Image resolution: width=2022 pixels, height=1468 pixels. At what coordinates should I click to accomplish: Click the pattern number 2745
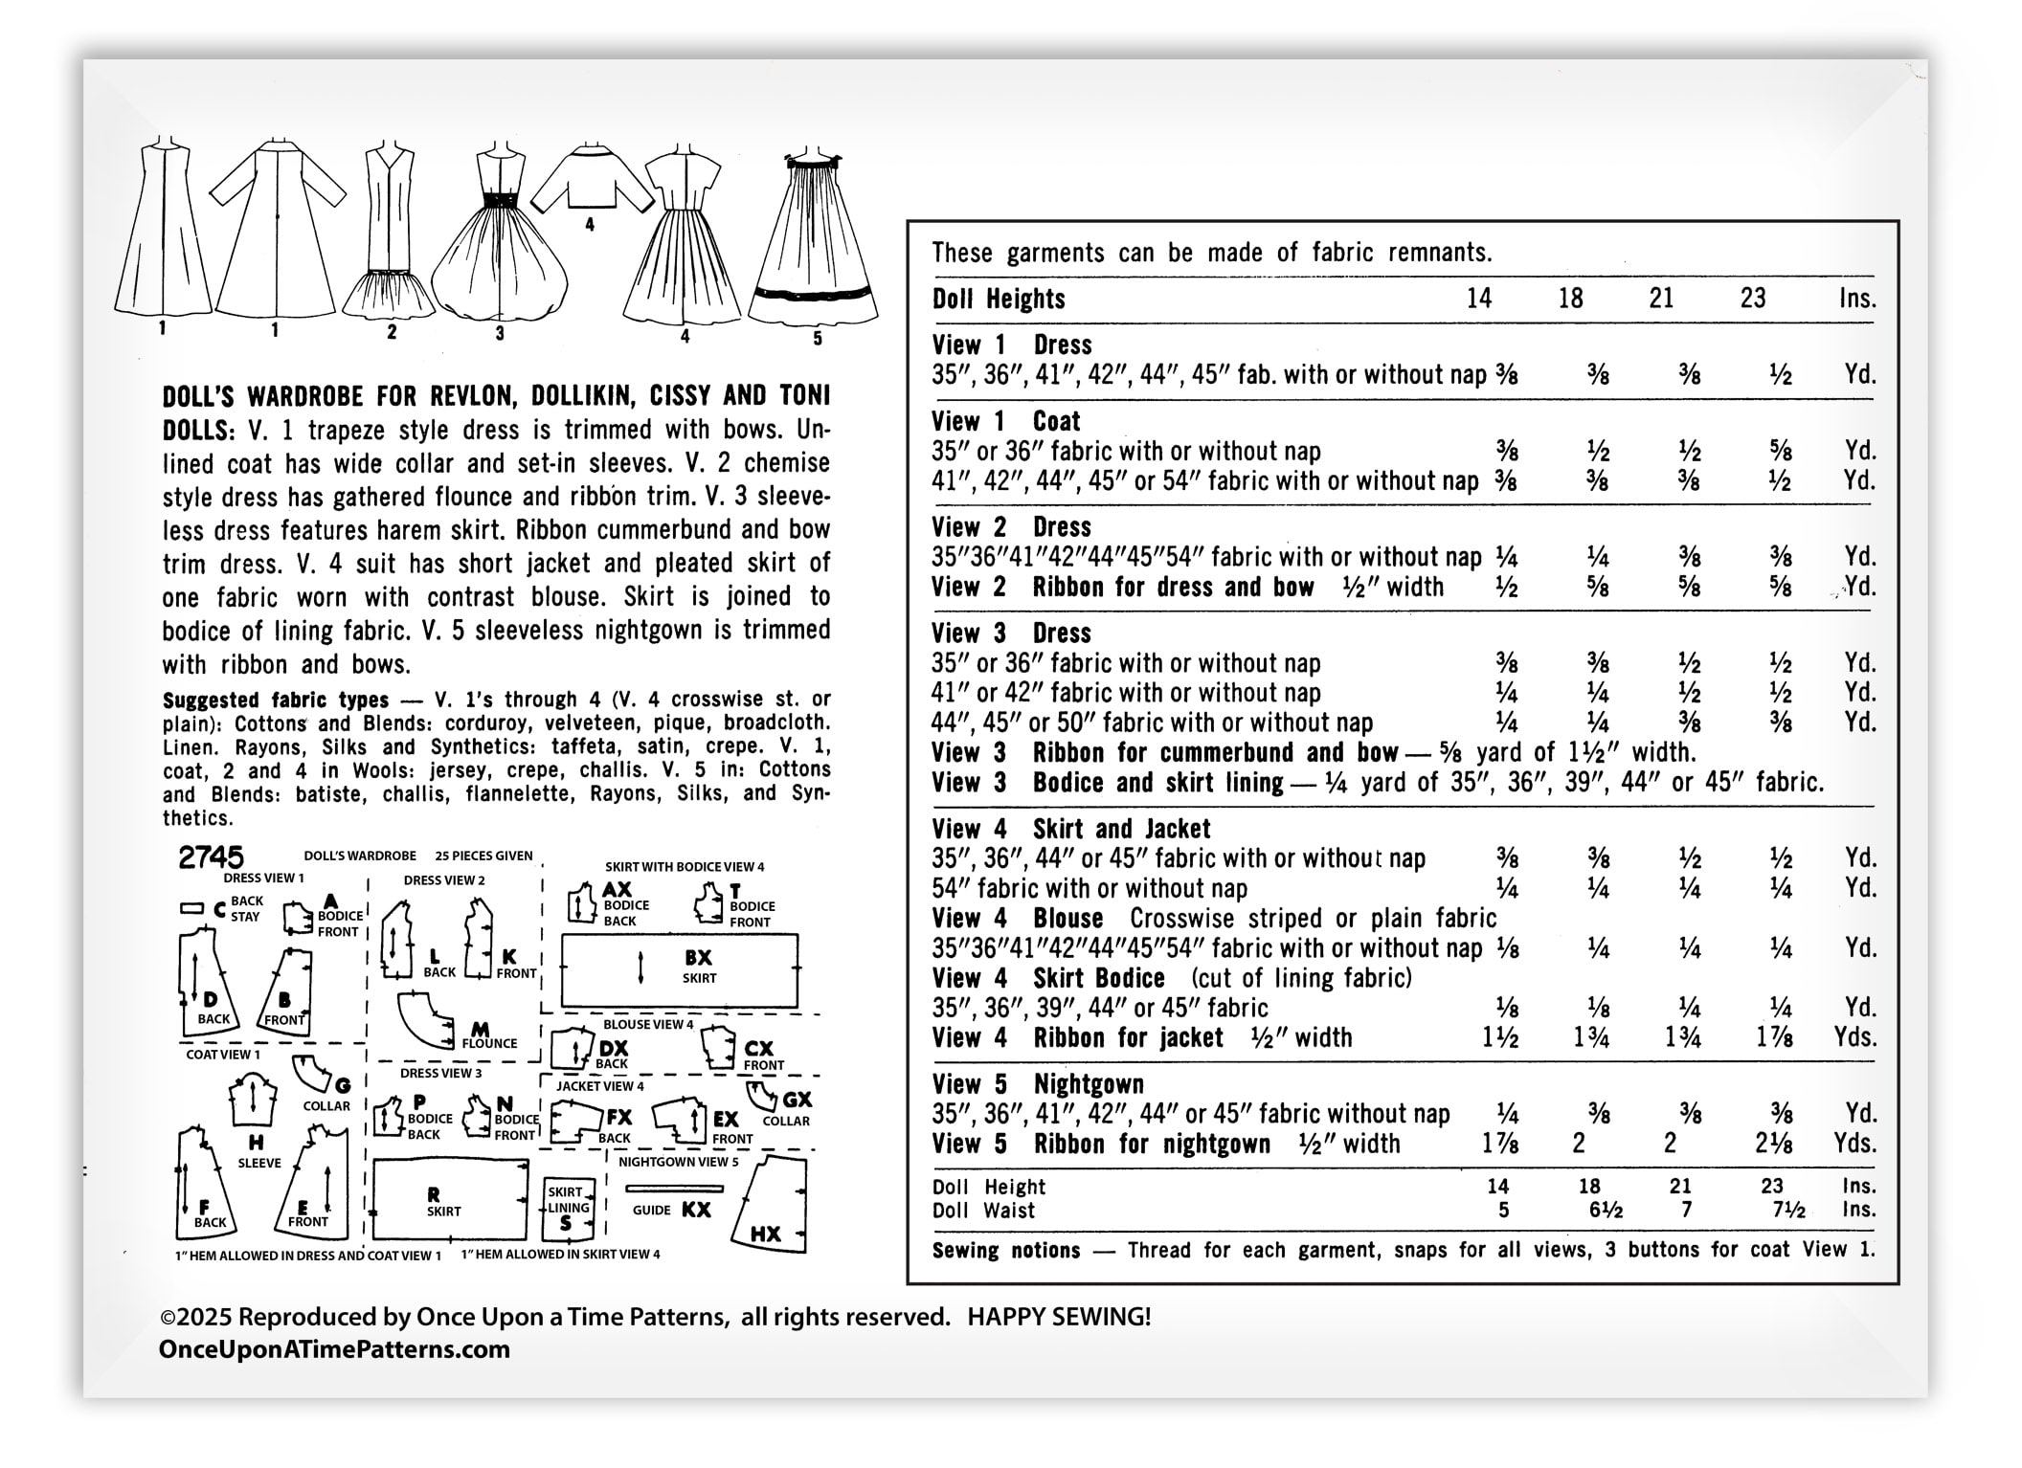[211, 856]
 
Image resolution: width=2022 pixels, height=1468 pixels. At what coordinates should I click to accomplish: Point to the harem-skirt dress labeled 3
[499, 239]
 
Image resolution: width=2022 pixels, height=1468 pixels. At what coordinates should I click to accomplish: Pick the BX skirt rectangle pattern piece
[679, 970]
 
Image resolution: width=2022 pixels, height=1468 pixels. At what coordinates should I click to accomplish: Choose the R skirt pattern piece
[449, 1200]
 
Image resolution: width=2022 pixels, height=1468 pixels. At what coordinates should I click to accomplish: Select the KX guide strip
[674, 1189]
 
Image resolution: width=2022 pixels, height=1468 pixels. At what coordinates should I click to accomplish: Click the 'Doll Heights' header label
[999, 300]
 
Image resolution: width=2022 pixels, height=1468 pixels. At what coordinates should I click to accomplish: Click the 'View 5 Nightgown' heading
[1038, 1084]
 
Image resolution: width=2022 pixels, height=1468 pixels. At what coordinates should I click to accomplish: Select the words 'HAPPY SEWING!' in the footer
[1059, 1318]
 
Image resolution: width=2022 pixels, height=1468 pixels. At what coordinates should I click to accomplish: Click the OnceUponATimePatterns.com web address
[334, 1349]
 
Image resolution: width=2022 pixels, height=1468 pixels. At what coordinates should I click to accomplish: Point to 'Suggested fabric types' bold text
[276, 700]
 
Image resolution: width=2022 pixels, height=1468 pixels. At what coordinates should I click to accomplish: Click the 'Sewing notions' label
[1006, 1251]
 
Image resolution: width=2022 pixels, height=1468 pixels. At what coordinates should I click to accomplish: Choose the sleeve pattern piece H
[254, 1101]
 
